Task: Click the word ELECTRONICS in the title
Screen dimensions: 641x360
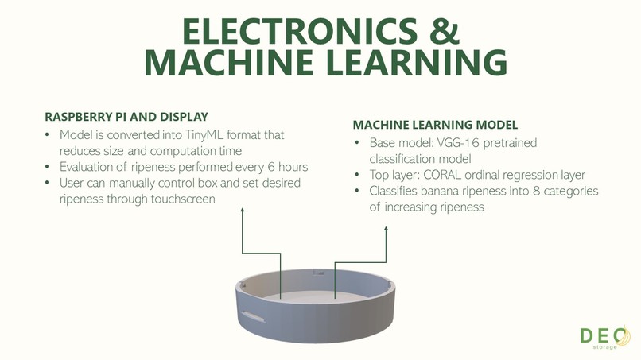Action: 300,31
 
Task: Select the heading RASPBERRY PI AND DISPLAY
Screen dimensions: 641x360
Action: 126,117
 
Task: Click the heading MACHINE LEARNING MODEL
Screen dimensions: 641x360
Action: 435,125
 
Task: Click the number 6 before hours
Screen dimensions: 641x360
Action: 271,167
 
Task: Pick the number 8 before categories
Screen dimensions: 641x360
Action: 536,191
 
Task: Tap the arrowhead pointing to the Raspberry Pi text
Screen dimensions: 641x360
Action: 243,210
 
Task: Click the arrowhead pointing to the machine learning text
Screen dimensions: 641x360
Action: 386,229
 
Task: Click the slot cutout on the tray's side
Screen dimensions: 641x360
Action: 254,316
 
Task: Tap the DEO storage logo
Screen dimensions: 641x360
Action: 605,337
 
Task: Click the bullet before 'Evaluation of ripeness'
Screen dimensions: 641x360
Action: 48,167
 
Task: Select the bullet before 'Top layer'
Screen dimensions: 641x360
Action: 357,175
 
